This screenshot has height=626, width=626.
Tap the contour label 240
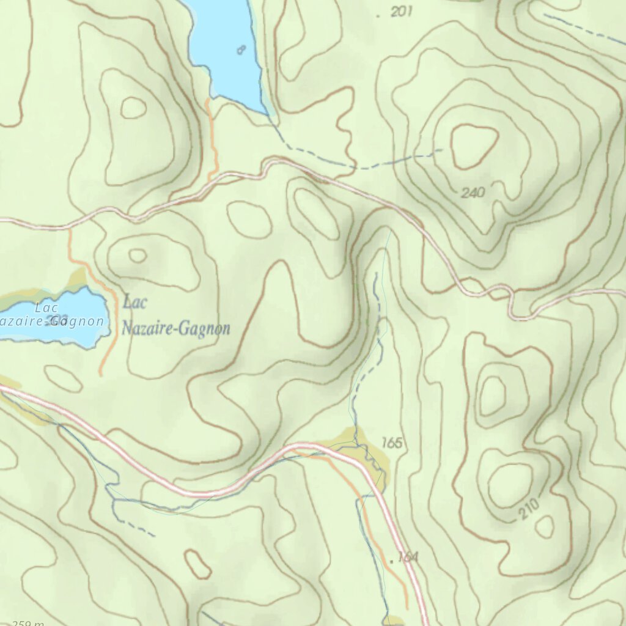(x=473, y=193)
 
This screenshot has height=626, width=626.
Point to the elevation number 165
(x=391, y=443)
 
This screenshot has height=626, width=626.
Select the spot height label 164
(x=407, y=557)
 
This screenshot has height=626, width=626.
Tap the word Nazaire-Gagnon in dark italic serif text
(x=175, y=329)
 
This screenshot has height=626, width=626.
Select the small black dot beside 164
(x=391, y=558)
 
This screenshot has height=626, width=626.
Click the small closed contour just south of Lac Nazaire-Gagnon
(x=63, y=378)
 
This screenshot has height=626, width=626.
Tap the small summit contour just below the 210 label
(x=544, y=526)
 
